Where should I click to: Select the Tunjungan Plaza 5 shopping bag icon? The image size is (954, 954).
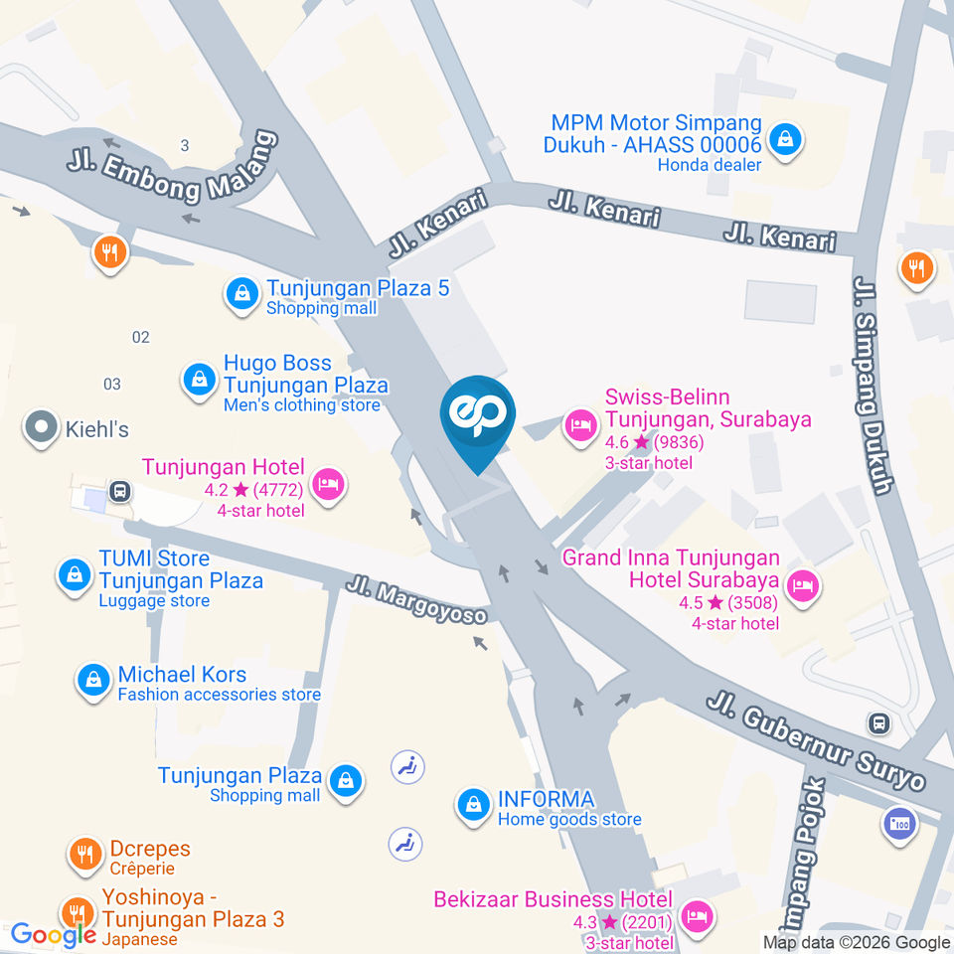pyautogui.click(x=240, y=294)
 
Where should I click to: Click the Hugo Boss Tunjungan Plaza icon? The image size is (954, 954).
pyautogui.click(x=199, y=379)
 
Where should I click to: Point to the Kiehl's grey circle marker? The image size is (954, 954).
pyautogui.click(x=41, y=429)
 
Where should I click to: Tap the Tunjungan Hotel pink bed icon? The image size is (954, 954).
pyautogui.click(x=326, y=484)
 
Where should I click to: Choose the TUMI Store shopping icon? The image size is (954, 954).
pyautogui.click(x=74, y=573)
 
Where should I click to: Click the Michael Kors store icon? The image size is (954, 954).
pyautogui.click(x=92, y=680)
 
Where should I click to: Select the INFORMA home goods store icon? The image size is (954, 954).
pyautogui.click(x=473, y=806)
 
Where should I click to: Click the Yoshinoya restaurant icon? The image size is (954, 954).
pyautogui.click(x=76, y=912)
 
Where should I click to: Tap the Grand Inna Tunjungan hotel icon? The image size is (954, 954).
pyautogui.click(x=800, y=586)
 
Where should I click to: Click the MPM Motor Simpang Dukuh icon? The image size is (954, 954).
pyautogui.click(x=786, y=139)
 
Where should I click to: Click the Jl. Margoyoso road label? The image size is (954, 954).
pyautogui.click(x=417, y=600)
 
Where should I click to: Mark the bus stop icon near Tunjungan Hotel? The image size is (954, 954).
pyautogui.click(x=120, y=491)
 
